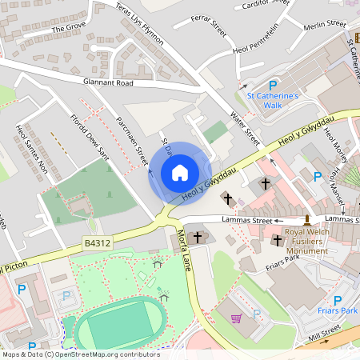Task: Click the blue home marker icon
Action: click(x=180, y=173)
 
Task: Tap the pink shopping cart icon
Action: click(x=236, y=318)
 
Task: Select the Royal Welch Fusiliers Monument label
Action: click(x=306, y=245)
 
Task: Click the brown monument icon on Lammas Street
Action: click(x=306, y=218)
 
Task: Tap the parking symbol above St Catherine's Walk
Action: click(x=272, y=85)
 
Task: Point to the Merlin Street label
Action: click(x=324, y=26)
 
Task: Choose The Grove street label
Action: click(x=68, y=28)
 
